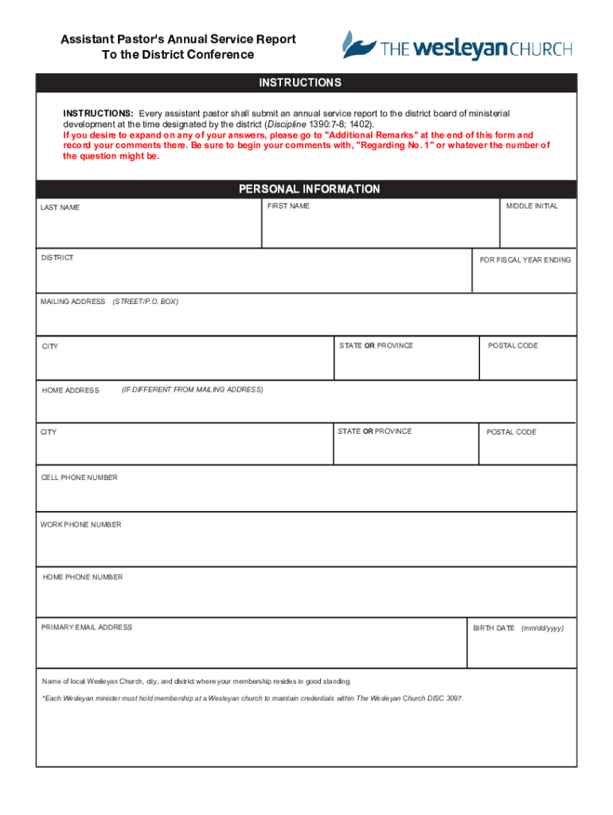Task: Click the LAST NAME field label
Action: pyautogui.click(x=61, y=208)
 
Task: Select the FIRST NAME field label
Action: pyautogui.click(x=288, y=206)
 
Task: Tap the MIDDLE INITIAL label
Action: pyautogui.click(x=533, y=206)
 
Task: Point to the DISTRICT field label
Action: pyautogui.click(x=57, y=258)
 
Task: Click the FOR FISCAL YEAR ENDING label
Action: pyautogui.click(x=525, y=260)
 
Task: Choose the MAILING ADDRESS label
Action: pyautogui.click(x=73, y=302)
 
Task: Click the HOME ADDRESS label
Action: pyautogui.click(x=71, y=390)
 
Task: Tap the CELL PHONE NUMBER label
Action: pyautogui.click(x=80, y=478)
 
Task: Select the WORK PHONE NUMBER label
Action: pyautogui.click(x=81, y=524)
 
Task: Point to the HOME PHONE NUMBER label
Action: pyautogui.click(x=83, y=577)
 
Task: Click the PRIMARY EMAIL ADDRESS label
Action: pyautogui.click(x=87, y=627)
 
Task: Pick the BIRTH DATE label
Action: pyautogui.click(x=494, y=628)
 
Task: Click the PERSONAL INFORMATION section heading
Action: pyautogui.click(x=310, y=189)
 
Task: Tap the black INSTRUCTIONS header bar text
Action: pyautogui.click(x=300, y=83)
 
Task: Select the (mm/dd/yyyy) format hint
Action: pyautogui.click(x=542, y=628)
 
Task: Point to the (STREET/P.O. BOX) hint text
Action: pyautogui.click(x=145, y=302)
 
